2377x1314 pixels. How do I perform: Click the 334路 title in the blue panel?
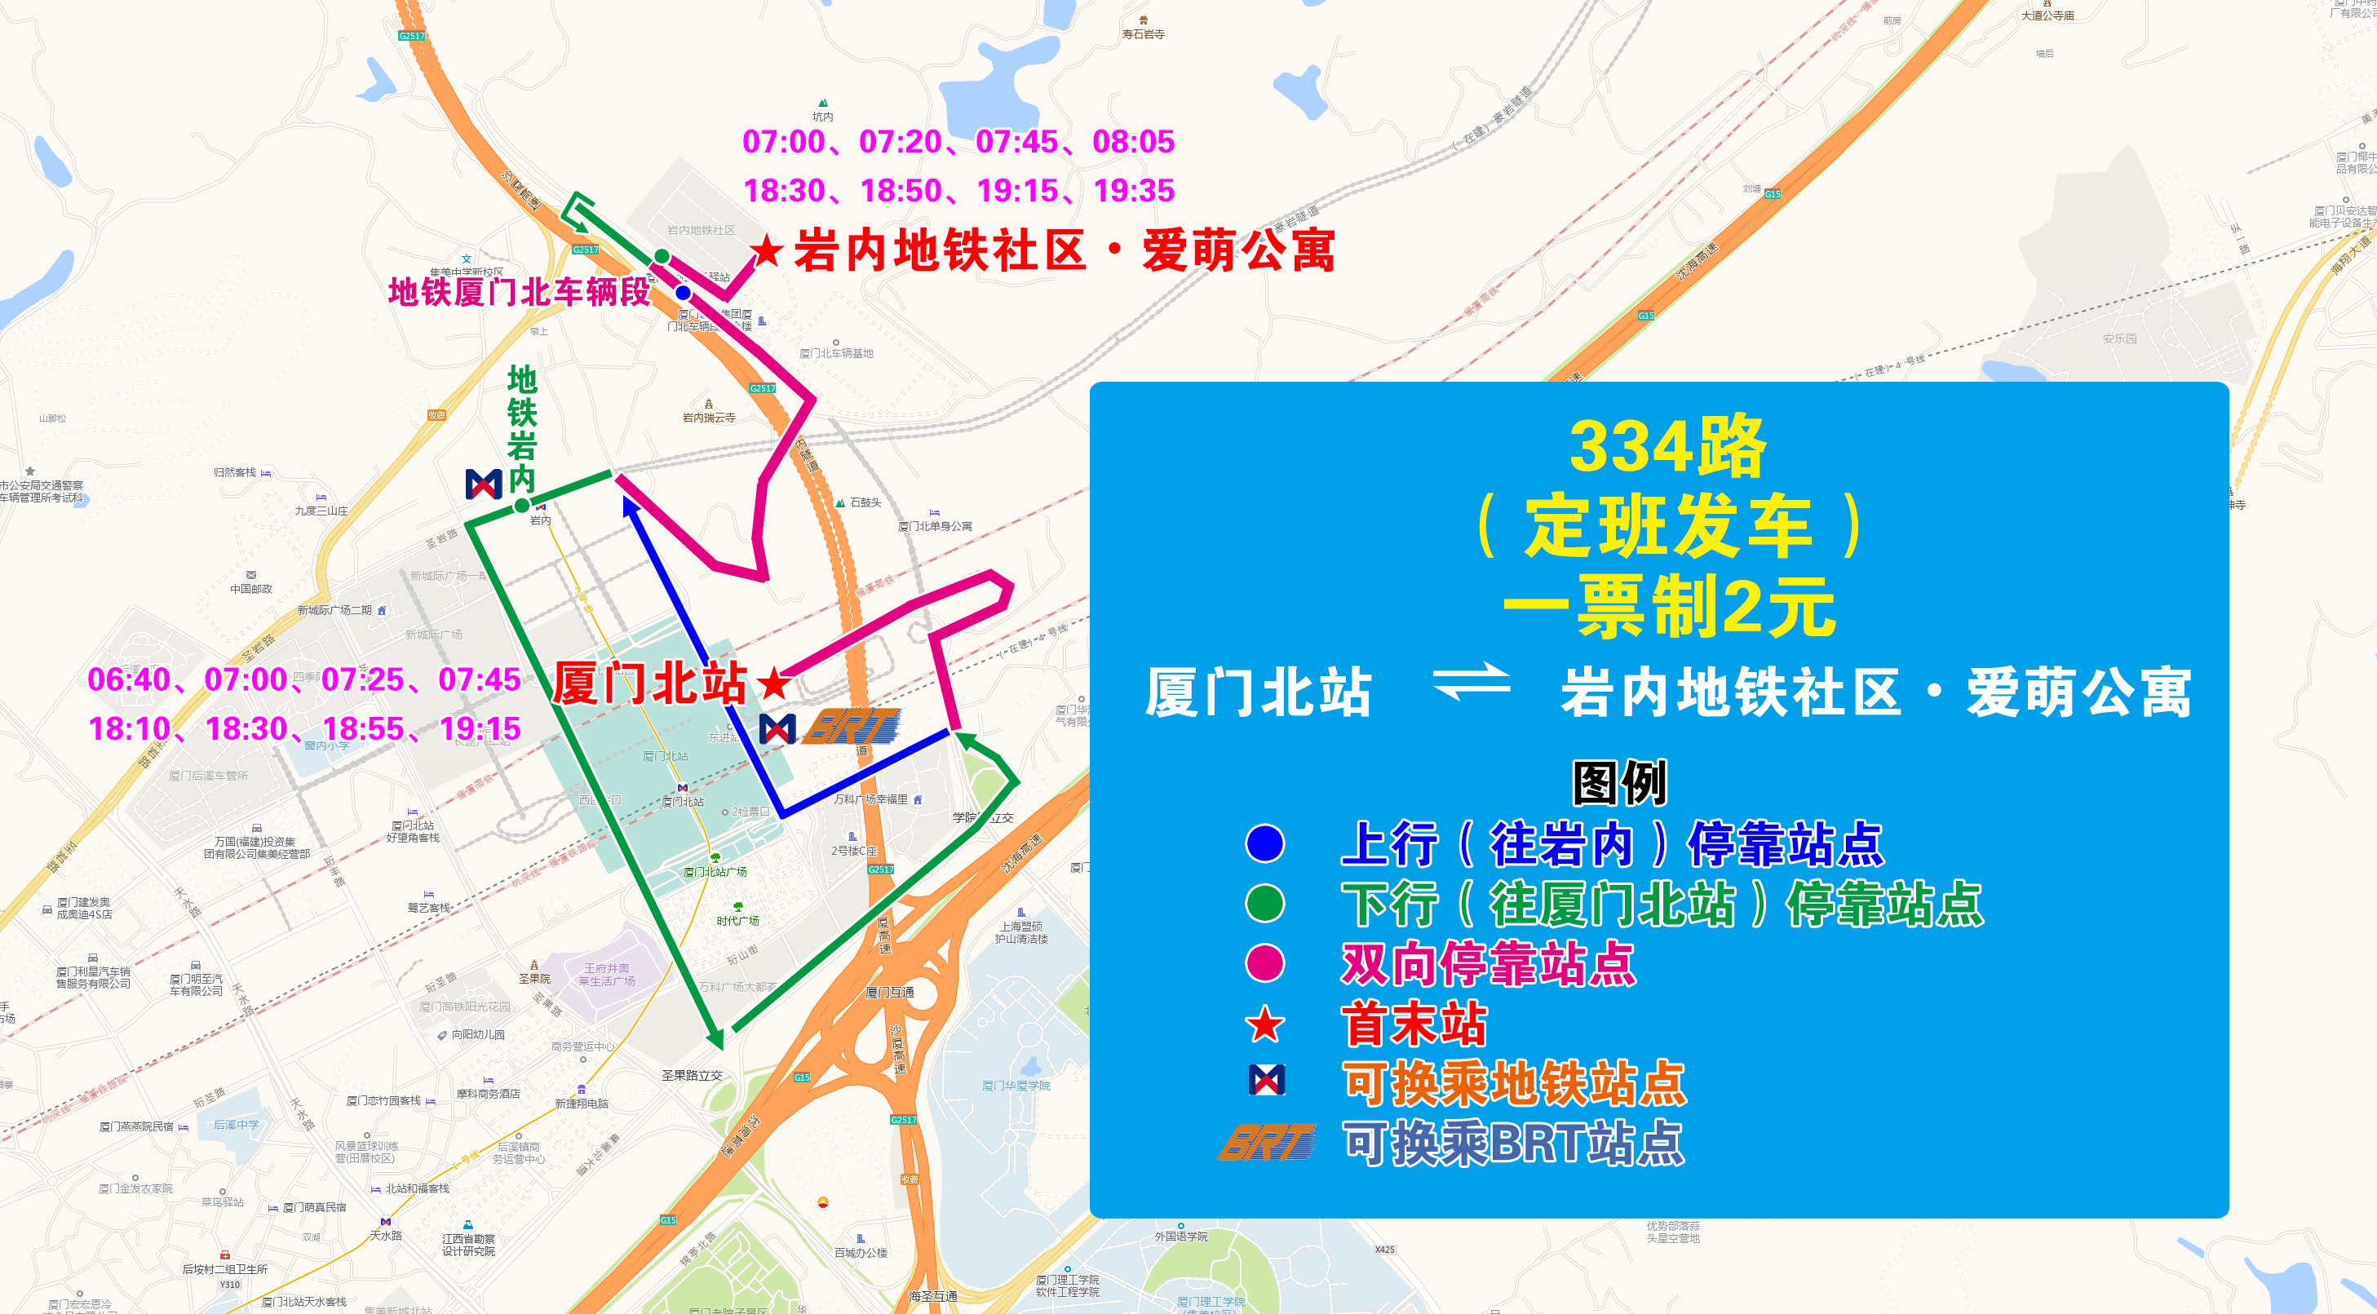point(1667,448)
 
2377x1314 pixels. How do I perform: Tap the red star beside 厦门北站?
point(773,684)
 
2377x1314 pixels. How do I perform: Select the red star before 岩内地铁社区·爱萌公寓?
point(766,250)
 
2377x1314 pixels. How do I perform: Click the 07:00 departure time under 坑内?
point(783,142)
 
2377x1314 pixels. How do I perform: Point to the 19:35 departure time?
point(1133,191)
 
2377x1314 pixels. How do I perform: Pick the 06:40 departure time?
point(128,680)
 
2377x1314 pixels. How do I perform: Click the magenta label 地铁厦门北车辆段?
point(519,291)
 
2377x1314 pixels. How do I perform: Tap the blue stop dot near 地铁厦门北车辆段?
point(683,293)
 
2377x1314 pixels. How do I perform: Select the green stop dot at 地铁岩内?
point(522,505)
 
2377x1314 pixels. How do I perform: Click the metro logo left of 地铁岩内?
point(484,484)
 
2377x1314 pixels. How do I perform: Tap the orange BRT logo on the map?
point(852,726)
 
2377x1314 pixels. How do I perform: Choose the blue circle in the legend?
point(1264,843)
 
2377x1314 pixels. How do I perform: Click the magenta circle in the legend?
point(1264,963)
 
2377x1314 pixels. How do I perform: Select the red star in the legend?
point(1264,1024)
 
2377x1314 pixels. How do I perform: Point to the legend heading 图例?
point(1619,782)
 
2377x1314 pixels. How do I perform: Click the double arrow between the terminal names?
point(1471,683)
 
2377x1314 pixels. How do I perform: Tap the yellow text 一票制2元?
point(1668,606)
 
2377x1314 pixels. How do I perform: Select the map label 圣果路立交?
point(691,1075)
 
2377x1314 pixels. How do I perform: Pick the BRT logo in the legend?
point(1266,1143)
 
